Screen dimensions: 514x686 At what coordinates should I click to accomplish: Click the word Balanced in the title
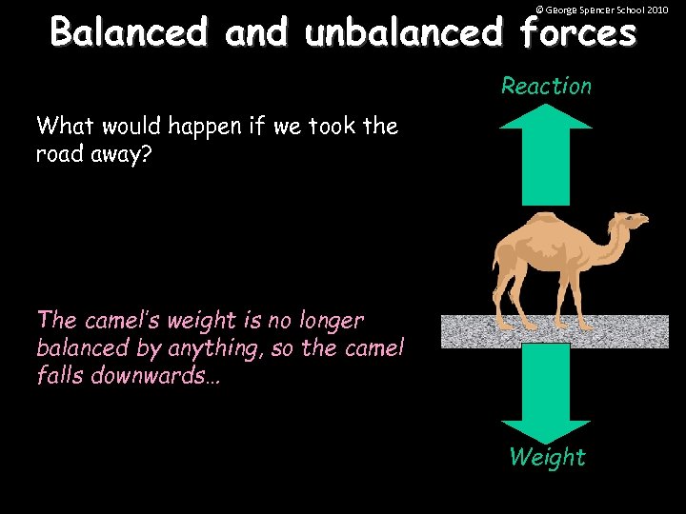[129, 32]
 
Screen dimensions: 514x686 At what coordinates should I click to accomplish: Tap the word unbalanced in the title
[403, 32]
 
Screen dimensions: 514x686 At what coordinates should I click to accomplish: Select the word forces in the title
[577, 32]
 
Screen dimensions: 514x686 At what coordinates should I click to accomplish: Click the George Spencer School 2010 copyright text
[602, 9]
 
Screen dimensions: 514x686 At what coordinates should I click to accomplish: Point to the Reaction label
[546, 87]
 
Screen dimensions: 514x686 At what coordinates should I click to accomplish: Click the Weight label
[547, 458]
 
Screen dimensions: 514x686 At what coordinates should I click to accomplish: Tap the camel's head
[634, 224]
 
